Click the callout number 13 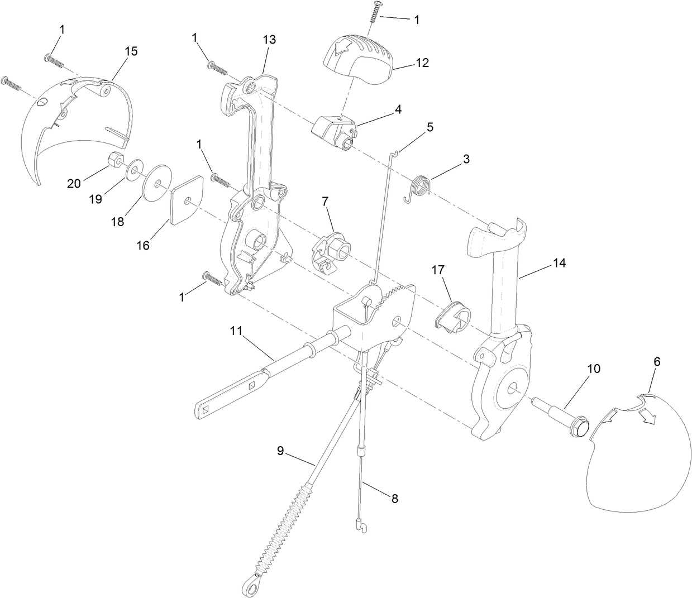pos(269,40)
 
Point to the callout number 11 pos(236,331)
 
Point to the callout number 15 pos(131,51)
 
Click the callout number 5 pos(429,127)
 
